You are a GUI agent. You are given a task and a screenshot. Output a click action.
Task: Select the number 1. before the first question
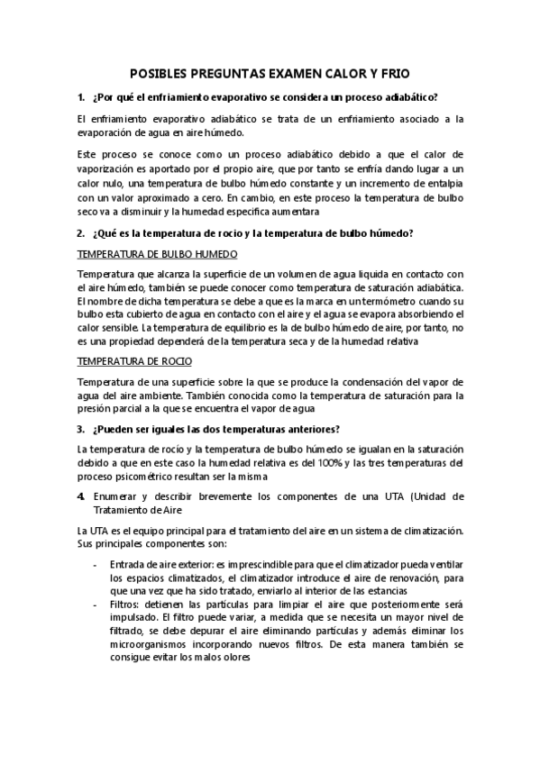click(81, 96)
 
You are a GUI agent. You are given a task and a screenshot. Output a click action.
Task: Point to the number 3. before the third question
click(81, 428)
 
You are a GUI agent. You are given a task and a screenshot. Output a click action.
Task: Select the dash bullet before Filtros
click(96, 605)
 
